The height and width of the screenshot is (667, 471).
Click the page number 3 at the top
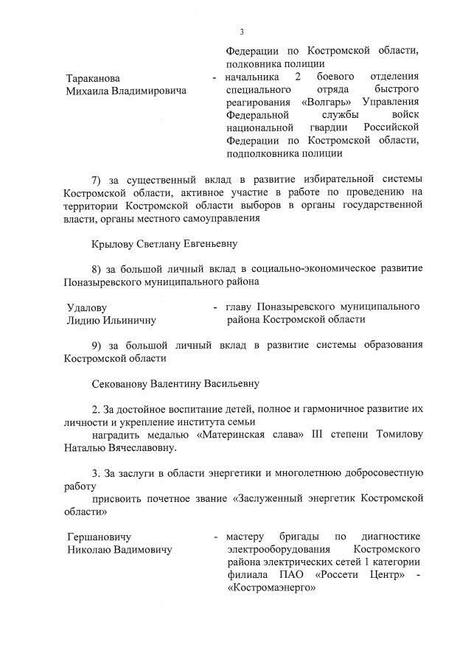click(x=241, y=32)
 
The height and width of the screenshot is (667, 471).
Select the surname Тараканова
click(x=93, y=78)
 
